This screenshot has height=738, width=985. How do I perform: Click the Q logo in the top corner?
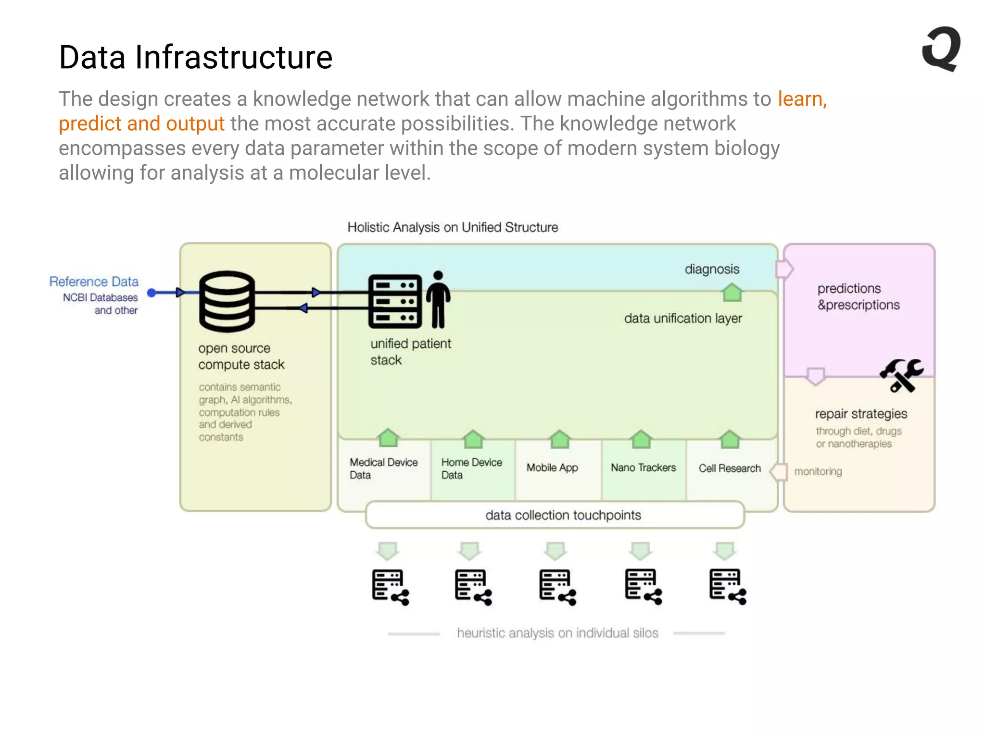click(941, 49)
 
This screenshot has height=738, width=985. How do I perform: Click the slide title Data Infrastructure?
click(196, 57)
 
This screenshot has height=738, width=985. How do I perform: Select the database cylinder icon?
click(227, 301)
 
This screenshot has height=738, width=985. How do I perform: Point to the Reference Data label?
click(94, 282)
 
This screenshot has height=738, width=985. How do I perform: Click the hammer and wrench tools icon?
click(901, 375)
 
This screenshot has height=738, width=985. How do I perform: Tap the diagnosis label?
click(712, 269)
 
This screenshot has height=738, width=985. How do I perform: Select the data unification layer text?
click(683, 318)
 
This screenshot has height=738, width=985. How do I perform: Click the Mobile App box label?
click(552, 467)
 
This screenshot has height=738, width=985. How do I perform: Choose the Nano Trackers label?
click(643, 467)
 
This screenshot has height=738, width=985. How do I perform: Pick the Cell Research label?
click(730, 468)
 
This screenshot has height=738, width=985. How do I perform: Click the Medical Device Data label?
click(383, 468)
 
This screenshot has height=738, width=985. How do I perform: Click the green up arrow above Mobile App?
click(559, 438)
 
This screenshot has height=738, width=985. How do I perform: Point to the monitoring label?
click(818, 471)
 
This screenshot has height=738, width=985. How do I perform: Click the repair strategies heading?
click(861, 414)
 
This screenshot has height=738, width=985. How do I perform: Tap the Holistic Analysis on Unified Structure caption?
click(453, 227)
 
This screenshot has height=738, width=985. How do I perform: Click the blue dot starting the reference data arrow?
click(152, 293)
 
